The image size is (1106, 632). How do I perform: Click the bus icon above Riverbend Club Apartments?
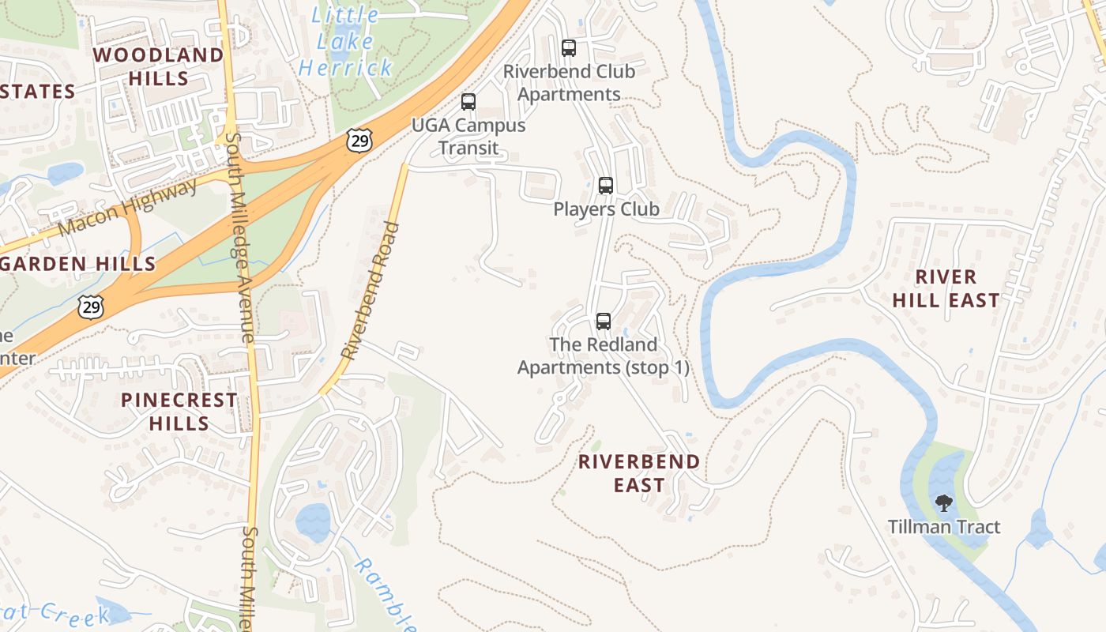coord(569,48)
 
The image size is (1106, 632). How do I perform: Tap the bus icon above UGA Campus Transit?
coord(468,102)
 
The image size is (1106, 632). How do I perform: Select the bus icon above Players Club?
coord(606,186)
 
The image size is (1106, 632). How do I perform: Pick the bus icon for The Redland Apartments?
coord(604,322)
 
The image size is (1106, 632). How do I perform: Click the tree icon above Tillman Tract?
coord(943,503)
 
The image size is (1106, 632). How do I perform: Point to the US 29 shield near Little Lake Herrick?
coord(358,141)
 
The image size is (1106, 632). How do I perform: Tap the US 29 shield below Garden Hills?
coord(91,307)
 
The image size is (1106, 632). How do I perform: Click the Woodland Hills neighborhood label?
coord(159,66)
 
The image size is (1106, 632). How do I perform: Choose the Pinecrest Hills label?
coord(179,412)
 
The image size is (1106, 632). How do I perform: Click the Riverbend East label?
coord(639,473)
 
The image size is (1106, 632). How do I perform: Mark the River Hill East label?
coord(946,288)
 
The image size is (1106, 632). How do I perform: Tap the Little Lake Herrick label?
coord(345,41)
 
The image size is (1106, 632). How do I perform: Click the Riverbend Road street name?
coord(371,291)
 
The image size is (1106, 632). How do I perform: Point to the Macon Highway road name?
coord(128,208)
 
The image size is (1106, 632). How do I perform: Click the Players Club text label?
coord(606,209)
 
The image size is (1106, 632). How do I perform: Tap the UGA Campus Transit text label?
coord(468,137)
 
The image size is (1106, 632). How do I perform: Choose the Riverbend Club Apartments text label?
coord(569,83)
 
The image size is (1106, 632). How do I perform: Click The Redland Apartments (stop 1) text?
coord(604,356)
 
